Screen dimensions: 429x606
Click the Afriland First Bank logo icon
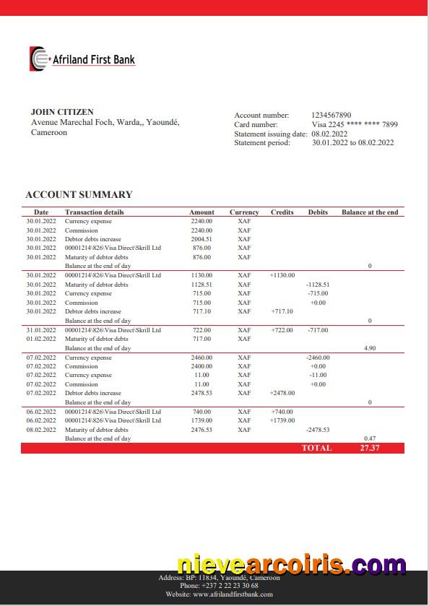tap(39, 59)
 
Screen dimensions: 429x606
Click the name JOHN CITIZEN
tap(62, 112)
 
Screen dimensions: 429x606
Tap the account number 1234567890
tap(331, 115)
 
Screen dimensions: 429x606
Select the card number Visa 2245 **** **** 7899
tap(355, 124)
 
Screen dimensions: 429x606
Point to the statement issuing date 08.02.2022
tap(329, 134)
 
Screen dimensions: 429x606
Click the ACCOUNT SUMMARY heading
tap(79, 194)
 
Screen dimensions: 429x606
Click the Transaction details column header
tap(95, 212)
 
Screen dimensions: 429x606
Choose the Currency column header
tap(244, 212)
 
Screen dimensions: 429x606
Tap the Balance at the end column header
tap(370, 212)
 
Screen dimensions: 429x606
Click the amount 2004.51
tap(201, 239)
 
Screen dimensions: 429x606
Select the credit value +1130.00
tap(282, 275)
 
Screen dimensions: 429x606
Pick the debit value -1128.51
tap(317, 285)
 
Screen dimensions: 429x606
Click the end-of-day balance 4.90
tap(370, 348)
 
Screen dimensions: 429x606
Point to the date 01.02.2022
tap(41, 339)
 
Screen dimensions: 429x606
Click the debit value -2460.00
tap(317, 358)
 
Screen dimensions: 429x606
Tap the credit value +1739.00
tap(282, 420)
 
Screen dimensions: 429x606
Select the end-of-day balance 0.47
tap(370, 438)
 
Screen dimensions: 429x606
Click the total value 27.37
tap(370, 448)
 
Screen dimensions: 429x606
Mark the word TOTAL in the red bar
tap(316, 448)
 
